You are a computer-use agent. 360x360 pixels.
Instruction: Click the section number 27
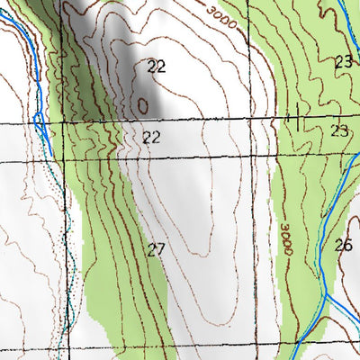pyautogui.click(x=156, y=249)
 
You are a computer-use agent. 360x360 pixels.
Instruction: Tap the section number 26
pyautogui.click(x=343, y=244)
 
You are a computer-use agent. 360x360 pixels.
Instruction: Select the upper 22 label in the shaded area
pyautogui.click(x=156, y=66)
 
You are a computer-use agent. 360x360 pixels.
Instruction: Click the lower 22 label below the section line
pyautogui.click(x=151, y=137)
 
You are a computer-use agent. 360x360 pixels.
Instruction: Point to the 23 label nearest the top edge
pyautogui.click(x=343, y=62)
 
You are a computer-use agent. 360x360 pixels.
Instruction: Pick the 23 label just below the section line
pyautogui.click(x=338, y=130)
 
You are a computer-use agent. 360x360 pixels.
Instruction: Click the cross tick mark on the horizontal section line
pyautogui.click(x=296, y=118)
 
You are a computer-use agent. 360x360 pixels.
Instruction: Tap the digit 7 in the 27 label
pyautogui.click(x=160, y=249)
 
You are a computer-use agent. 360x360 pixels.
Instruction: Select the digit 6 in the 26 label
pyautogui.click(x=347, y=244)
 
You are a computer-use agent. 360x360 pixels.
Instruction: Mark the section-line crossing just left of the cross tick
pyautogui.click(x=271, y=119)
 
